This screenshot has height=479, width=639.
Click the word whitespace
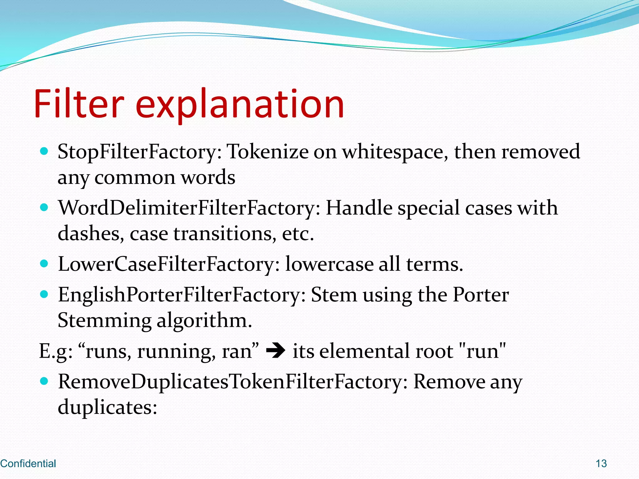pyautogui.click(x=395, y=152)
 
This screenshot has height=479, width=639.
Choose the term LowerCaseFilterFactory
pyautogui.click(x=168, y=264)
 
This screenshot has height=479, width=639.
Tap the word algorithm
pyautogui.click(x=204, y=321)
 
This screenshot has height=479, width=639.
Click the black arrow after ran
pyautogui.click(x=276, y=351)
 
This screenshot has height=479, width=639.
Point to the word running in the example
pyautogui.click(x=176, y=352)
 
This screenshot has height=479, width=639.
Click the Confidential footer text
pyautogui.click(x=28, y=463)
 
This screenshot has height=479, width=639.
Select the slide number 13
pyautogui.click(x=601, y=463)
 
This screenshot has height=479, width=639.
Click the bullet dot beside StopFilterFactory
pyautogui.click(x=44, y=152)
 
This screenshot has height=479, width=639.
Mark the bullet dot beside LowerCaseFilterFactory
pyautogui.click(x=44, y=264)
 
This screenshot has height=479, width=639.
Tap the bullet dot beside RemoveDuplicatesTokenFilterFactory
pyautogui.click(x=44, y=381)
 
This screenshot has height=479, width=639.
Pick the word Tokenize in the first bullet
pyautogui.click(x=267, y=152)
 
